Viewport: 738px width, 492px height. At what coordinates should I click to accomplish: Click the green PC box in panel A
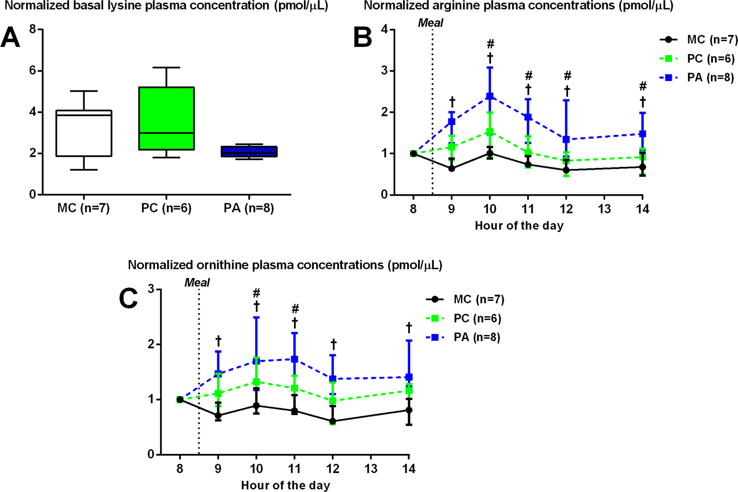(x=166, y=119)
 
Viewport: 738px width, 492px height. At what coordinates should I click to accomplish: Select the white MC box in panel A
(x=83, y=133)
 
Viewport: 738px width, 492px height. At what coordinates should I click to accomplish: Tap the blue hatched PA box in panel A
(x=249, y=152)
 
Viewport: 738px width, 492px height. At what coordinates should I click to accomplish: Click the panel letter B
(x=363, y=38)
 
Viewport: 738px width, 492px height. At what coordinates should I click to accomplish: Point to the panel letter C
(x=128, y=298)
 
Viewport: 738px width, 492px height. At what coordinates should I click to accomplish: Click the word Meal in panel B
(x=430, y=23)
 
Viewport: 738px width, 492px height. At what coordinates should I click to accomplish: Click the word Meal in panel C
(x=197, y=283)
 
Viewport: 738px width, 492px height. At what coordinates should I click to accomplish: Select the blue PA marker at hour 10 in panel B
(x=490, y=96)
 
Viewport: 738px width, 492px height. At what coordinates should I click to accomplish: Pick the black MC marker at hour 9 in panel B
(x=451, y=168)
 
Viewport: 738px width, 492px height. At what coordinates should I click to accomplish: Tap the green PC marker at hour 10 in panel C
(x=256, y=382)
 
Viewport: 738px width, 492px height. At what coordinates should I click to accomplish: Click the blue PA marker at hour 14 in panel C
(x=409, y=377)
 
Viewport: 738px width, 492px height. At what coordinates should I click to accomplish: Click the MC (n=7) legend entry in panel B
(x=698, y=40)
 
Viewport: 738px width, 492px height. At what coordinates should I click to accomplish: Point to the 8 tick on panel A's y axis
(x=33, y=30)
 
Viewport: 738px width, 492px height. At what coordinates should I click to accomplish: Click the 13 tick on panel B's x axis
(x=604, y=209)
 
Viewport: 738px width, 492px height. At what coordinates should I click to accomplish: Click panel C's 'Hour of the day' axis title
(x=286, y=486)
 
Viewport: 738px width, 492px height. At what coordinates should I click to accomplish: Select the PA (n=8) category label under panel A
(x=248, y=208)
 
